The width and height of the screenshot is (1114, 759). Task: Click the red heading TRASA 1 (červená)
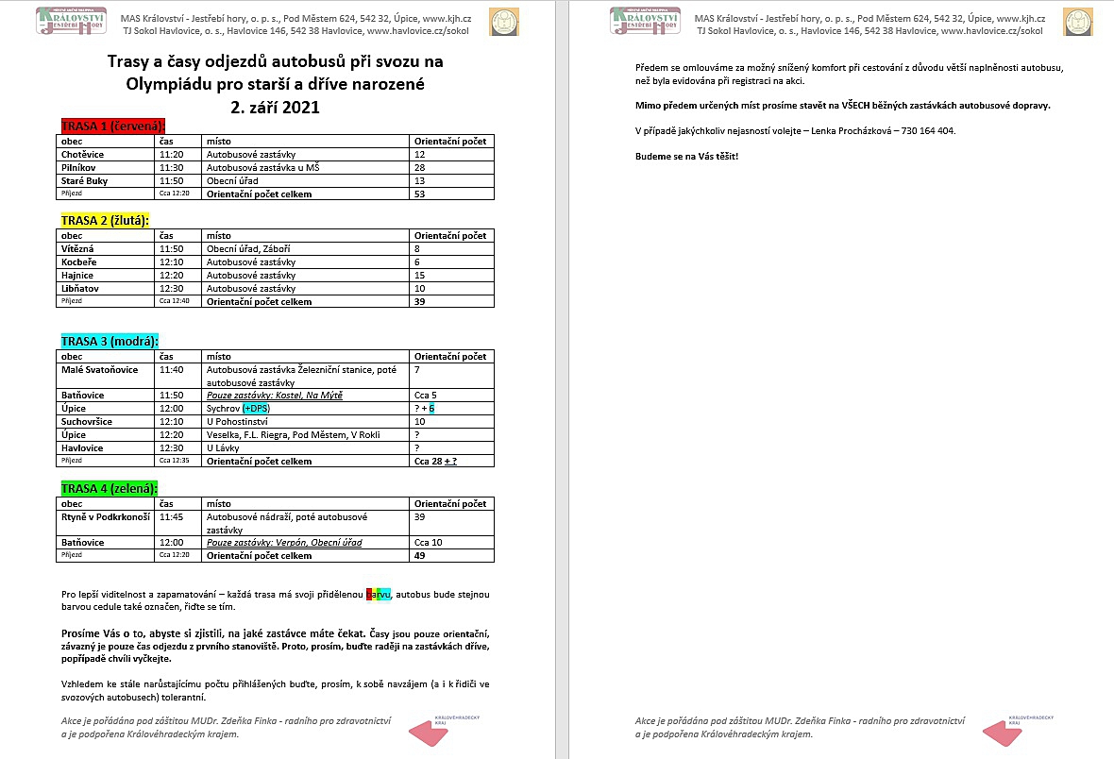pos(112,126)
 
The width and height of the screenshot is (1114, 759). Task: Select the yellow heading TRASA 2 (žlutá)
pos(105,220)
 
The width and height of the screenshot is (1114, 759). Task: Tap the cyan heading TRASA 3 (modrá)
pos(110,341)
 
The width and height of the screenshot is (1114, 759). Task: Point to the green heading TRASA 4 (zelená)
pos(110,488)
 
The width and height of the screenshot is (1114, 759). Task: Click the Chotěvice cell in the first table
pos(82,154)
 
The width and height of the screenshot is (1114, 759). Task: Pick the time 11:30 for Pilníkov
pos(171,167)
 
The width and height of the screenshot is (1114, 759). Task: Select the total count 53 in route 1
pos(420,194)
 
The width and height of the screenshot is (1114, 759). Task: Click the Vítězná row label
pos(79,248)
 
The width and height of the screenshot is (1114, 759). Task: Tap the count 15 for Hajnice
pos(420,275)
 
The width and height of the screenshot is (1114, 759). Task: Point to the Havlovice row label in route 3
pos(82,447)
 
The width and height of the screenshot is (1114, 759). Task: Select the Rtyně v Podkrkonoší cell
pos(105,517)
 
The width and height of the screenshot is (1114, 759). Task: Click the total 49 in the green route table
pos(420,556)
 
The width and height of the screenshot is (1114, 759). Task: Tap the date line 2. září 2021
pos(275,107)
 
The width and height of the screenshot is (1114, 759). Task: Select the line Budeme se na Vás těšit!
pos(686,155)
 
